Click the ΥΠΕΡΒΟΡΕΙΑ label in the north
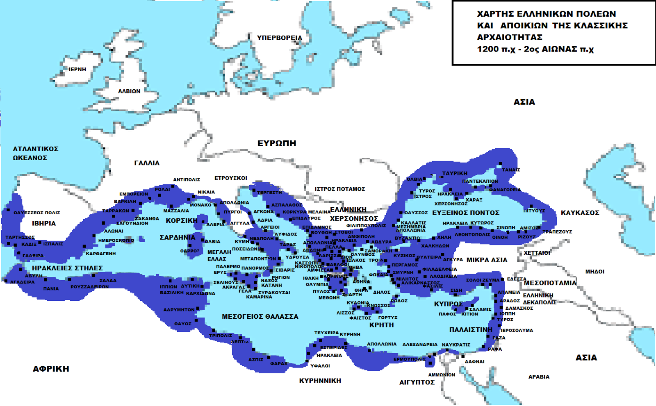tap(279, 38)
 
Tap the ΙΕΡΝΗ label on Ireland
tap(77, 69)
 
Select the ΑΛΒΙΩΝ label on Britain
tap(129, 91)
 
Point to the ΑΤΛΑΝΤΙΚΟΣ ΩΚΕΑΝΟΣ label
tap(35, 153)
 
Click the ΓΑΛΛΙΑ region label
tap(147, 163)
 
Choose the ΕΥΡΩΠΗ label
tap(277, 143)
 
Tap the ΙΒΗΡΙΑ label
tap(44, 223)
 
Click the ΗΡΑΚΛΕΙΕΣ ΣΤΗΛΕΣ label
tap(67, 268)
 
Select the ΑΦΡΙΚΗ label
tap(51, 369)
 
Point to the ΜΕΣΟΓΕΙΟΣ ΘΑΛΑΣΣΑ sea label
tap(260, 316)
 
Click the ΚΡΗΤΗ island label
tap(381, 325)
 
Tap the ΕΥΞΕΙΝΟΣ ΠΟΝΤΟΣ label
tap(465, 213)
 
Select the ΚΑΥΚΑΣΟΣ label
tap(580, 213)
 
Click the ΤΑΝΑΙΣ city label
tap(511, 170)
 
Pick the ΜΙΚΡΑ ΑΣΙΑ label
tap(487, 260)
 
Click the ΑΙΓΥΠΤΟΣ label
tap(417, 382)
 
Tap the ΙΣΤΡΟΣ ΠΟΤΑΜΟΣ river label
tap(339, 189)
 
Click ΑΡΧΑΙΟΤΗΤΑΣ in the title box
tap(509, 37)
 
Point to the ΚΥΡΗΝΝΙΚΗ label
tap(320, 381)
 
